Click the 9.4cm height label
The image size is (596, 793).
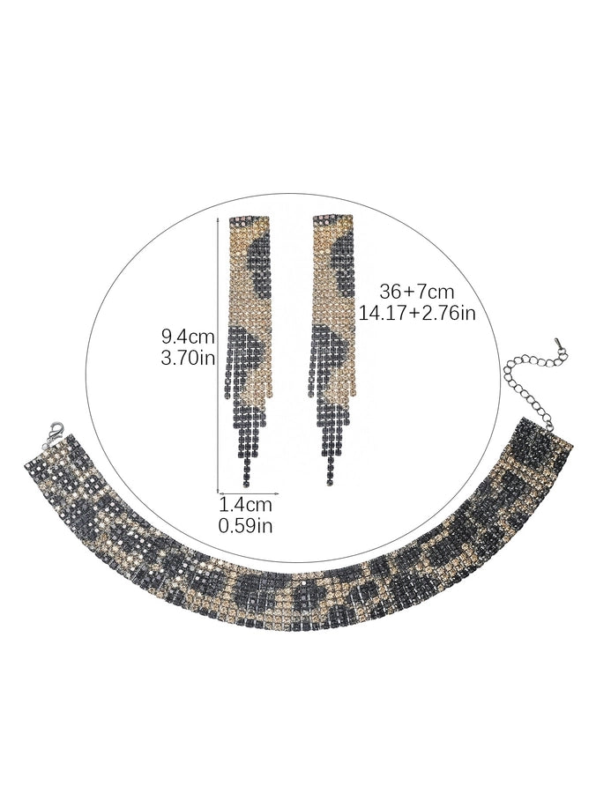point(188,336)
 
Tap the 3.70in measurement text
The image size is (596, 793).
point(188,358)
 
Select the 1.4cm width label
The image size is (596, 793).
point(245,504)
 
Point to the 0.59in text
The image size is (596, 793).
point(245,526)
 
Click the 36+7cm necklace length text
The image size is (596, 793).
point(417,292)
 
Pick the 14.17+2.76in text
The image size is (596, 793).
point(417,313)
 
